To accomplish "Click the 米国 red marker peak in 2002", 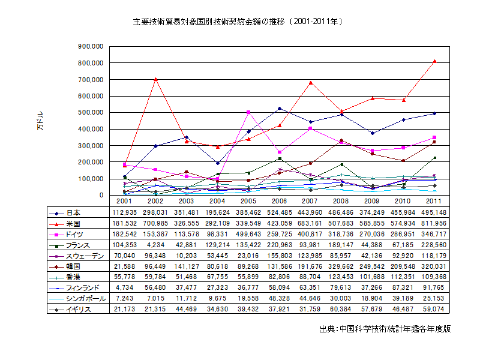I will (x=155, y=79).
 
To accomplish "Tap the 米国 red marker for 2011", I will (x=434, y=61).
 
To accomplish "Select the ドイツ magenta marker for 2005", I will (x=248, y=112).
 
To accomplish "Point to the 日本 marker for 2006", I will (x=279, y=109).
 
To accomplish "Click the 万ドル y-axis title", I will (x=40, y=120).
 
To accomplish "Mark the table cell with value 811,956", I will (x=433, y=223).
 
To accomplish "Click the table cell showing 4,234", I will (x=155, y=245).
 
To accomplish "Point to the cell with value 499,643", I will (x=248, y=234).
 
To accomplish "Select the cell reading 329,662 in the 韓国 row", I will (x=341, y=266).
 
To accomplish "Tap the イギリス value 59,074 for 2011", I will (x=433, y=310).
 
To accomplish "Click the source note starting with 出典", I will (x=385, y=329).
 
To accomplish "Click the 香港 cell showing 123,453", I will (x=341, y=277).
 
